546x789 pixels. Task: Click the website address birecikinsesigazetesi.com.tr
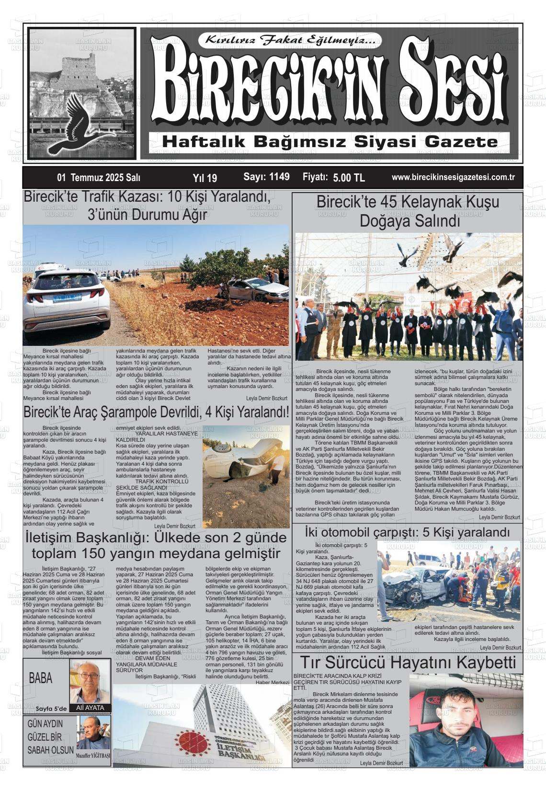(x=453, y=177)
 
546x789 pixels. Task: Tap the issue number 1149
(x=266, y=177)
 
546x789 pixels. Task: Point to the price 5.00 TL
(x=349, y=178)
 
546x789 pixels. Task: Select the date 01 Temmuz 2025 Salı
(x=99, y=178)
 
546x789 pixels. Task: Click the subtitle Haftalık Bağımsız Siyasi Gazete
(x=330, y=142)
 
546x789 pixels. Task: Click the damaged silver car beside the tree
(x=252, y=289)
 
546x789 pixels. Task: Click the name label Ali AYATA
(x=90, y=708)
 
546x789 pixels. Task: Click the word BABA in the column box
(x=41, y=678)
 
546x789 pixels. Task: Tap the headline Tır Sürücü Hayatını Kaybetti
(x=408, y=663)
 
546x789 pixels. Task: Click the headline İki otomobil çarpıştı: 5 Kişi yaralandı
(x=408, y=533)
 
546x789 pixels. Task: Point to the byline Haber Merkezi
(x=273, y=682)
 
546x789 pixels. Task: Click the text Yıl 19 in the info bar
(x=205, y=178)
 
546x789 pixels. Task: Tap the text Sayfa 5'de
(x=51, y=709)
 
